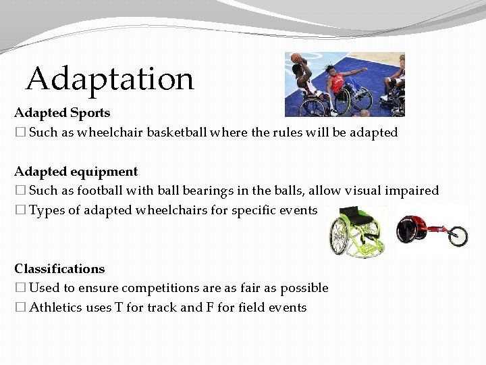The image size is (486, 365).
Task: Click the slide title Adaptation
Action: click(x=109, y=79)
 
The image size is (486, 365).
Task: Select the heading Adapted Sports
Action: click(x=62, y=112)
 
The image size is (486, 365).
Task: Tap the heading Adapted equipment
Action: click(x=76, y=172)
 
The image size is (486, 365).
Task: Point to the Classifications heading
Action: click(x=59, y=269)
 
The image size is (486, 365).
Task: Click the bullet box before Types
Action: click(x=20, y=210)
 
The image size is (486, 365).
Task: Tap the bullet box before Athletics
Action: click(x=20, y=308)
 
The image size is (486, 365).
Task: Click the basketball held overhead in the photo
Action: click(x=295, y=59)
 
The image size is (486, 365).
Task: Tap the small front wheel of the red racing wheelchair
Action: click(x=459, y=237)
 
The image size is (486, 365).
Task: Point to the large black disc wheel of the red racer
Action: click(x=407, y=229)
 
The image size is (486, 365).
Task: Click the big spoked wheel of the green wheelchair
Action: click(x=340, y=237)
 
